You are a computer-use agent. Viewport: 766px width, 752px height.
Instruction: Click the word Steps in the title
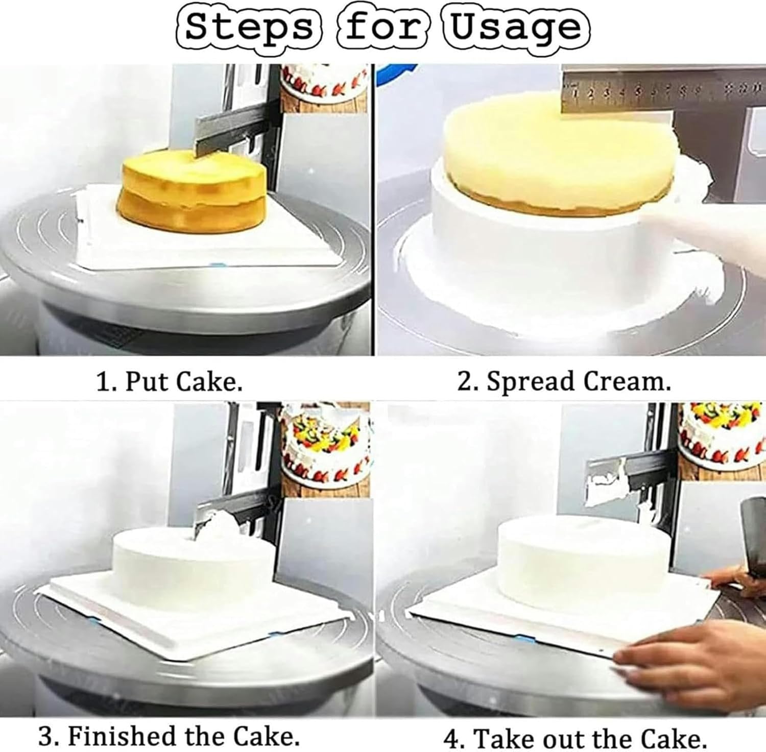coord(249,27)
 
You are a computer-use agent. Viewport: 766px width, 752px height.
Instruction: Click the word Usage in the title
coord(516,28)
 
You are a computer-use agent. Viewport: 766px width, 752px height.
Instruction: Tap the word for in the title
coord(384,27)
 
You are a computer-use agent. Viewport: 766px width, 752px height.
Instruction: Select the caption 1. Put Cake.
coord(170,381)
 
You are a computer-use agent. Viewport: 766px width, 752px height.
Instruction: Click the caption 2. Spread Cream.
coord(564,381)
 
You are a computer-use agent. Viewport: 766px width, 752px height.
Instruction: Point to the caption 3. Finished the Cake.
coord(169,736)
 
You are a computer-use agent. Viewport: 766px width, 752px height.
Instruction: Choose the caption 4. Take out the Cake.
coord(575,738)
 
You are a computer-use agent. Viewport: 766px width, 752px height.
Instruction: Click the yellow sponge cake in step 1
coord(194,191)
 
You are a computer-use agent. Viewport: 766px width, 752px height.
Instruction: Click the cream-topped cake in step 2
coord(557,158)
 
